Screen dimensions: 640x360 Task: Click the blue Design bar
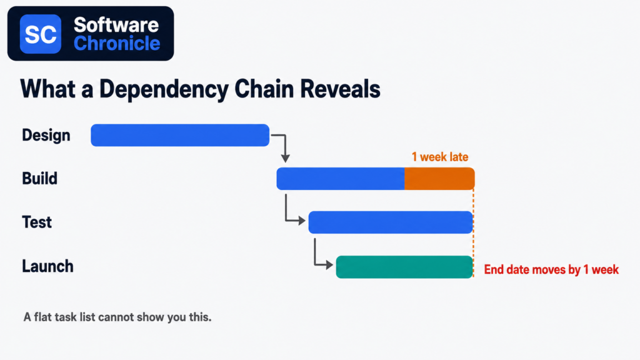click(x=180, y=135)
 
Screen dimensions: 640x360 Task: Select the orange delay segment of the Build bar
click(x=439, y=179)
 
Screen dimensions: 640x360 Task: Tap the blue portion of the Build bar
click(x=341, y=179)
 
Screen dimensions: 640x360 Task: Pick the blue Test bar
click(x=391, y=222)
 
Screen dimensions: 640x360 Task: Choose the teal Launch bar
click(x=404, y=267)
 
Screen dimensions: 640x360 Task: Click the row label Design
click(x=46, y=135)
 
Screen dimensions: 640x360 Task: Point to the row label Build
click(x=39, y=178)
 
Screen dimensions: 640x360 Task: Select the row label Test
click(x=37, y=222)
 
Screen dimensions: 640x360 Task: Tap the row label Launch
click(x=47, y=266)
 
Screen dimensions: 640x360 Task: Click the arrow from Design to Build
click(x=285, y=141)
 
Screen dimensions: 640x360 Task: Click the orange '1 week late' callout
click(x=440, y=157)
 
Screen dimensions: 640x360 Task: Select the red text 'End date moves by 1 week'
click(x=551, y=269)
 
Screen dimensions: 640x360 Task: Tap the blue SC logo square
click(x=41, y=34)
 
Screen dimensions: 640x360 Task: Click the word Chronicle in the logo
click(x=117, y=43)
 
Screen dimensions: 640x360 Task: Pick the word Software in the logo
click(x=116, y=25)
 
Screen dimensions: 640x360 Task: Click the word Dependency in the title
click(x=164, y=89)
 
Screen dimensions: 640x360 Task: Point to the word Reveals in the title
click(x=341, y=89)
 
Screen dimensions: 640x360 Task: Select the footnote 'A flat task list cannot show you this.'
click(x=117, y=317)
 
